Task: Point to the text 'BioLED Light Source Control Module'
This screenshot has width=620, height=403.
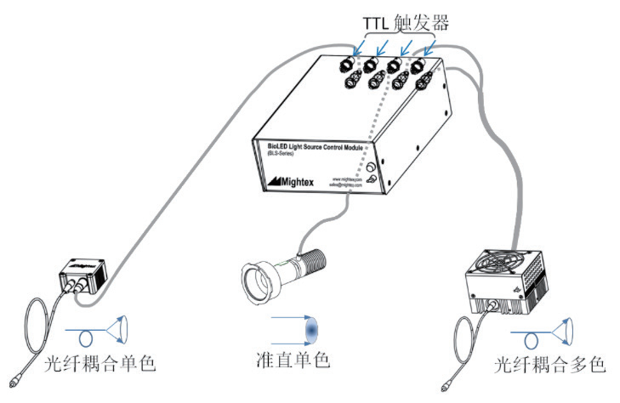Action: coord(310,147)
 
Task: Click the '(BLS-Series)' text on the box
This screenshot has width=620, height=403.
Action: coord(274,156)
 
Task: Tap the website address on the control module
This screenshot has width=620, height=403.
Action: coord(348,179)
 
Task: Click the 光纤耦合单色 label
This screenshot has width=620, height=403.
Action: coord(100,366)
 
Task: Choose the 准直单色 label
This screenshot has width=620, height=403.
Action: coord(298,360)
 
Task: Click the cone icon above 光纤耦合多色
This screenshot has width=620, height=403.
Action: coord(560,328)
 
